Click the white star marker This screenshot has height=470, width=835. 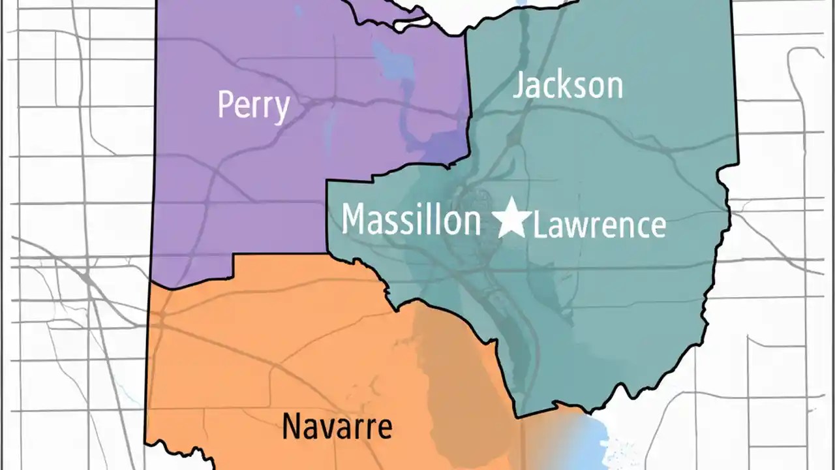click(511, 219)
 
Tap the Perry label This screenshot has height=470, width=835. click(253, 104)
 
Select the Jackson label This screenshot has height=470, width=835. click(568, 86)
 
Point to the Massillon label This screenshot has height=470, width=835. click(411, 219)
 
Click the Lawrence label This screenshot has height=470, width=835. click(600, 226)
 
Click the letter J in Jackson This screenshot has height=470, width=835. click(519, 86)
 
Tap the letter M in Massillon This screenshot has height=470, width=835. click(355, 219)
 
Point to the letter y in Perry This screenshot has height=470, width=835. click(281, 108)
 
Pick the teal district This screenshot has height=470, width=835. click(620, 294)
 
